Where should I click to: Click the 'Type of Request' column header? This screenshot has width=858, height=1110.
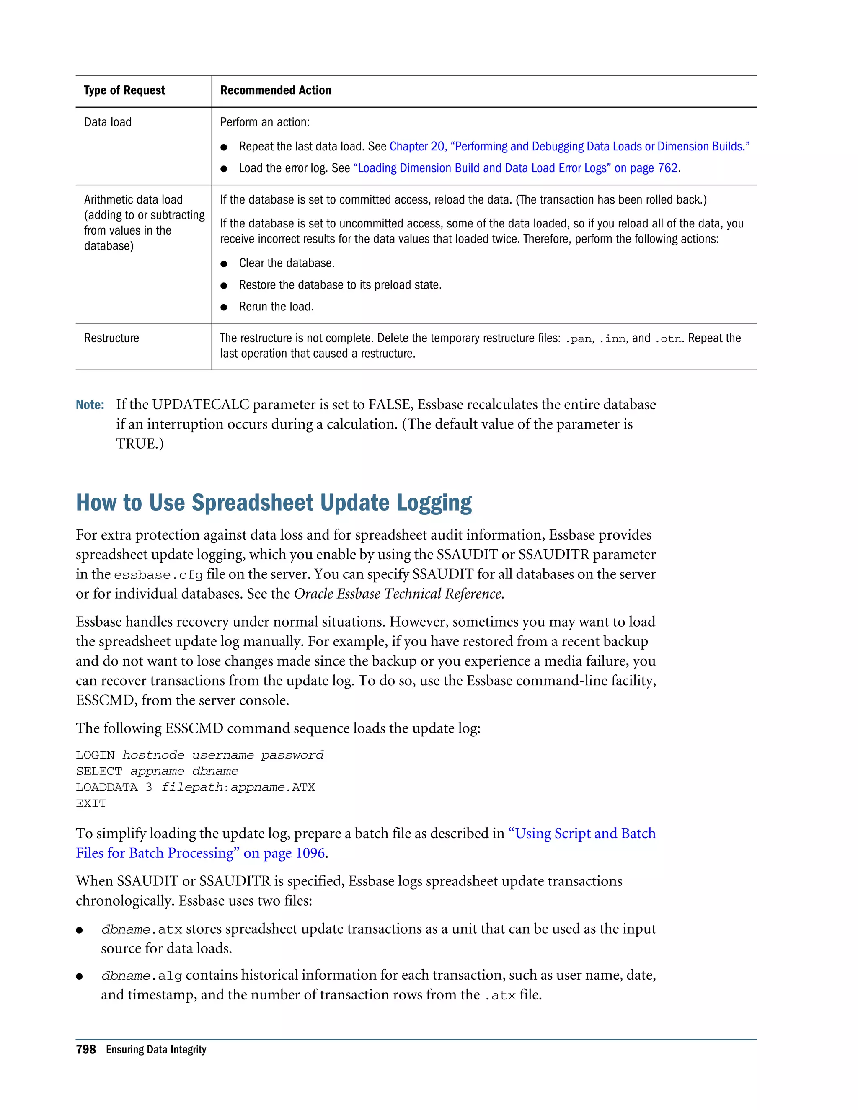[x=124, y=90]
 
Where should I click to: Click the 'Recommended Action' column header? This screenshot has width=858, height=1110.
[x=276, y=90]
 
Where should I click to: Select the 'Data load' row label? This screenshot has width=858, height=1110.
[x=108, y=122]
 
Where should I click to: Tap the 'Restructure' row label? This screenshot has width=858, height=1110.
[x=111, y=338]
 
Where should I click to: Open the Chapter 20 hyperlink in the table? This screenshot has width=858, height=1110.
[x=569, y=146]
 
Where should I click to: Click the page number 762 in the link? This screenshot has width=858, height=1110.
[x=667, y=168]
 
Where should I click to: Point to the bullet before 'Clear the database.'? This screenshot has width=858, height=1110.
[x=224, y=264]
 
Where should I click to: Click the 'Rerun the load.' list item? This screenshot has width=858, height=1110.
[x=276, y=307]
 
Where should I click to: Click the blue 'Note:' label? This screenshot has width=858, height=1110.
[x=90, y=405]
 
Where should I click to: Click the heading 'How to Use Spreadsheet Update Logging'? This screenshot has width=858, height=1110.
[x=274, y=503]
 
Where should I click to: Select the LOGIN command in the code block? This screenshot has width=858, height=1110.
[x=95, y=755]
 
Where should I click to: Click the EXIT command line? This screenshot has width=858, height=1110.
[x=91, y=803]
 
